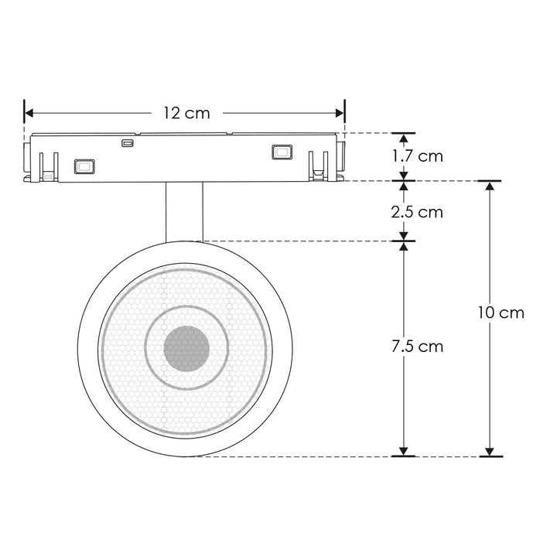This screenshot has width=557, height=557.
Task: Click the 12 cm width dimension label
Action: coord(186,113)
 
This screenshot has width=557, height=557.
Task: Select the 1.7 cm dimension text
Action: coord(418,155)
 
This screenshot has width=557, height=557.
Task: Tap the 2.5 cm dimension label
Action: coord(418,211)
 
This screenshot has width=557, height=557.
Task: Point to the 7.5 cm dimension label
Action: coord(418,346)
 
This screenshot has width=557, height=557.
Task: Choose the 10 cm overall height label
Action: coord(501,313)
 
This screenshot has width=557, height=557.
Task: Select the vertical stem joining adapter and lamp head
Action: coord(184,211)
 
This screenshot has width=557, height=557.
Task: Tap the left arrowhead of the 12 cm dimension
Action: coord(29,113)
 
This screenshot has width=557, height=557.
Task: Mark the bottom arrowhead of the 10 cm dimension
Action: coord(489,450)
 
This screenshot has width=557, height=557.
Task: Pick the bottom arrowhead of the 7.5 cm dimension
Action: coord(403,450)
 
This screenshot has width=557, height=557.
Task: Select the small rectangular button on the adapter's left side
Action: coord(84,165)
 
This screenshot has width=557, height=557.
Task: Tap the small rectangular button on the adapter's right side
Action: coord(281,152)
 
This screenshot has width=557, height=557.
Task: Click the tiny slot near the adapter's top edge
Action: coord(127,142)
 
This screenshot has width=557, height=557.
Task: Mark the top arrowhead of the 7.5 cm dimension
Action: coord(403,247)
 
